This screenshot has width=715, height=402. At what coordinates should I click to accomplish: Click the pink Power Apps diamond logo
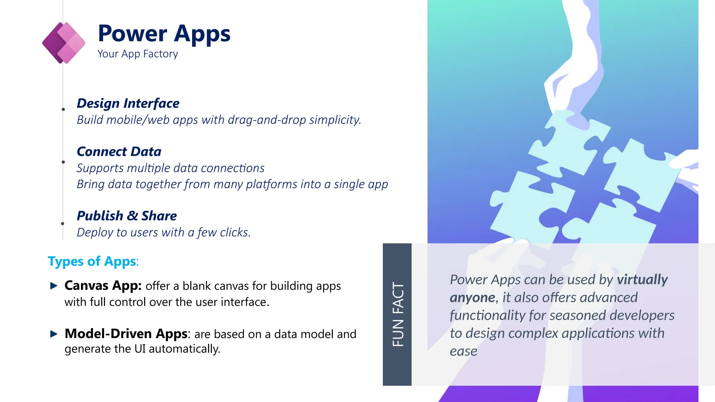[64, 43]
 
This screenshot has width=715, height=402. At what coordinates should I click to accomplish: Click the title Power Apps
[164, 34]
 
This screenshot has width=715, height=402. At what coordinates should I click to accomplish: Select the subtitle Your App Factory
[138, 54]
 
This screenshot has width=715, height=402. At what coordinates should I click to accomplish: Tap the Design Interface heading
[128, 103]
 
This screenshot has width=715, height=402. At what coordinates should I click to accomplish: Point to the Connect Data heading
[119, 152]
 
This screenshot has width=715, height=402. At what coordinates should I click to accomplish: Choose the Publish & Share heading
[127, 216]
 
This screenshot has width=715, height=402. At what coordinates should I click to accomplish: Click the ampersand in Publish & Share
[132, 216]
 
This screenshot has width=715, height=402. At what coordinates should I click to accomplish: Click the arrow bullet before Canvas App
[54, 286]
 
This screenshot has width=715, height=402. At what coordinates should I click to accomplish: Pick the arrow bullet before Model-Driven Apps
[54, 334]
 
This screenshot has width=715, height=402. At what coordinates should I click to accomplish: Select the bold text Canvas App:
[103, 286]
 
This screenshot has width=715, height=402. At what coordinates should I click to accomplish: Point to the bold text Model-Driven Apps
[126, 334]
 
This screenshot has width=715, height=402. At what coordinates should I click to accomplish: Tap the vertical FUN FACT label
[398, 314]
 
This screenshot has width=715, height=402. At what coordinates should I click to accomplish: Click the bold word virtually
[642, 280]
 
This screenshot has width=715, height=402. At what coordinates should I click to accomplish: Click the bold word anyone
[472, 298]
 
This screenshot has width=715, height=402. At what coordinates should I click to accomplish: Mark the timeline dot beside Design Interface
[63, 110]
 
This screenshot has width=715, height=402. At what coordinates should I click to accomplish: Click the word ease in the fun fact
[463, 351]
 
